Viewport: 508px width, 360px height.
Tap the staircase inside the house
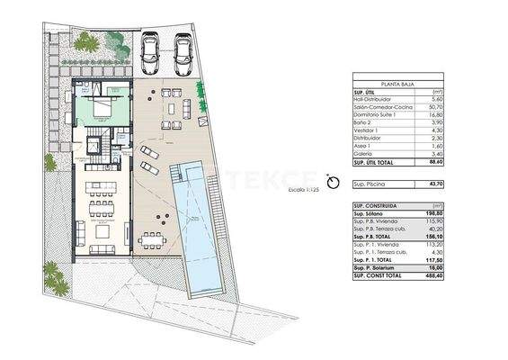(94, 143)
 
